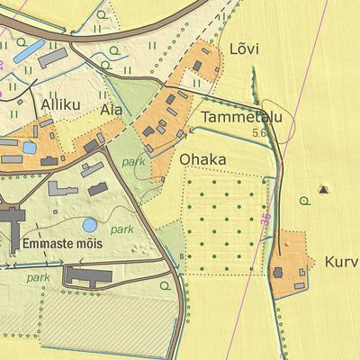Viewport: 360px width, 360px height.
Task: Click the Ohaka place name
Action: pos(202,159)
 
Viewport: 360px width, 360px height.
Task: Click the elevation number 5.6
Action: pos(260,132)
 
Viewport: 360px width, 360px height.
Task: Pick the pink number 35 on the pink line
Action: pos(265,221)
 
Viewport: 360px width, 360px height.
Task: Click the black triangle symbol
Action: pos(324,189)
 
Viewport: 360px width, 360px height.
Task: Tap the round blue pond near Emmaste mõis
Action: pos(90,225)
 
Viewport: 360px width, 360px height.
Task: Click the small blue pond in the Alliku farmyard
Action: pos(29,147)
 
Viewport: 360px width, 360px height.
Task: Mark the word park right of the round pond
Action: pos(122,229)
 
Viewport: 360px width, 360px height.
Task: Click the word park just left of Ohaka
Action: pos(133,163)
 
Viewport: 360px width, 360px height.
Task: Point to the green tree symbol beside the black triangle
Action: pos(306,201)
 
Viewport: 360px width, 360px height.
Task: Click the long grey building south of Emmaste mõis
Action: pos(87,276)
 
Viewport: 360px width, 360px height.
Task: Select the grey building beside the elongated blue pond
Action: pos(53,58)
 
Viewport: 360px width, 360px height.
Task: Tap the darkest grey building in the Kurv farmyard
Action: pos(278,272)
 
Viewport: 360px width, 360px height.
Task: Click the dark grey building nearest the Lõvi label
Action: pos(197,66)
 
